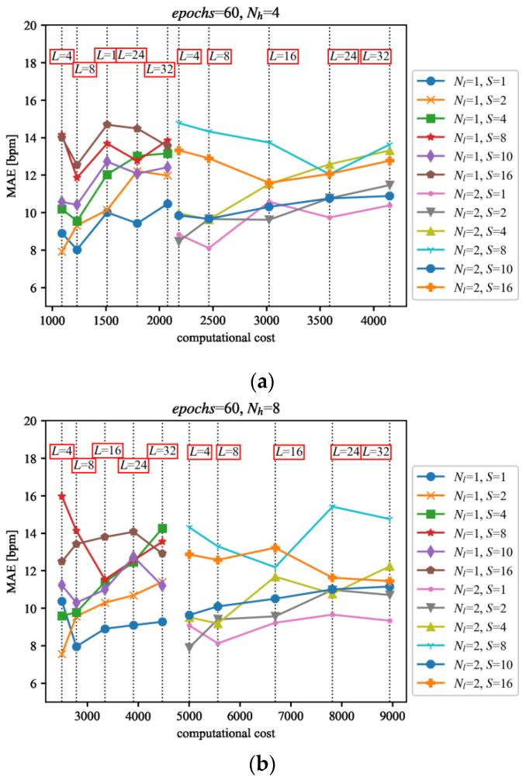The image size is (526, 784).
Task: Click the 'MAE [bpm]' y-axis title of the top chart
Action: [x=13, y=165]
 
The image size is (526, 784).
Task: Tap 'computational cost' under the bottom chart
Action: [x=225, y=732]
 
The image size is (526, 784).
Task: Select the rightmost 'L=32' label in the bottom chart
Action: [x=375, y=452]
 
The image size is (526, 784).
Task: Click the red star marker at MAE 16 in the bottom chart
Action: [x=62, y=496]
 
